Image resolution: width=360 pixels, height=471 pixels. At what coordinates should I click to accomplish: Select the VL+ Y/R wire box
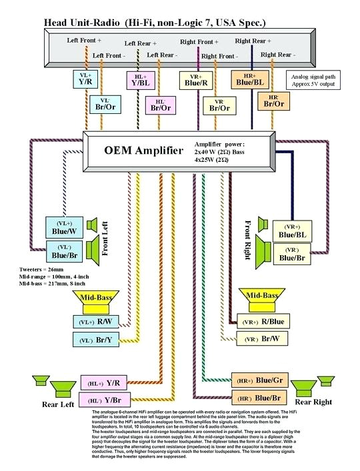pyautogui.click(x=85, y=79)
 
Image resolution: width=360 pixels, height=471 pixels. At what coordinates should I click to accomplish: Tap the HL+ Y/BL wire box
pyautogui.click(x=140, y=80)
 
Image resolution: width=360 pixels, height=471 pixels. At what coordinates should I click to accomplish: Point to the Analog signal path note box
pyautogui.click(x=312, y=80)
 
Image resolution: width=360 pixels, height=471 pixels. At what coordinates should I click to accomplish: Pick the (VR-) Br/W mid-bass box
pyautogui.click(x=261, y=340)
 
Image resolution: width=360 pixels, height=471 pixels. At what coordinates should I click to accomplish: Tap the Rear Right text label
pyautogui.click(x=313, y=402)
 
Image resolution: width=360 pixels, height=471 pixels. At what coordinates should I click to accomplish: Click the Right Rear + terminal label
pyautogui.click(x=253, y=41)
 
